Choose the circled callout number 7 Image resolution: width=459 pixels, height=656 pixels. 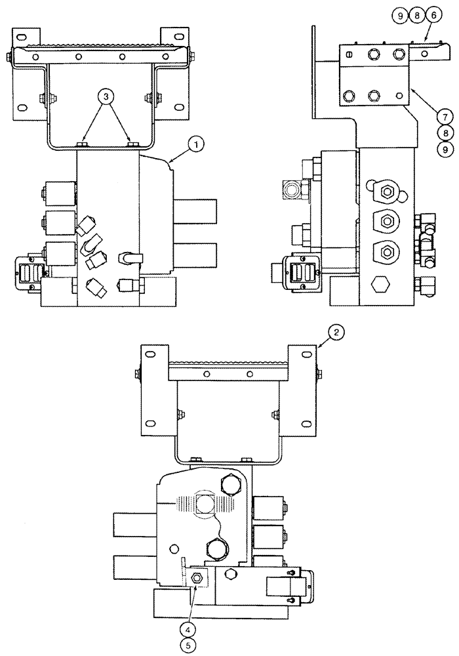coord(444,116)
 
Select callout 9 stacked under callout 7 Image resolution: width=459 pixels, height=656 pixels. coord(444,148)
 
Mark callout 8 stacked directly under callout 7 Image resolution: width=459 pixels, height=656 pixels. coord(444,132)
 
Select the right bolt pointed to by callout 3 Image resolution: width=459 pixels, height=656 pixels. coord(132,144)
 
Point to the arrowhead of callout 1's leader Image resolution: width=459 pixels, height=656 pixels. coord(169,159)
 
